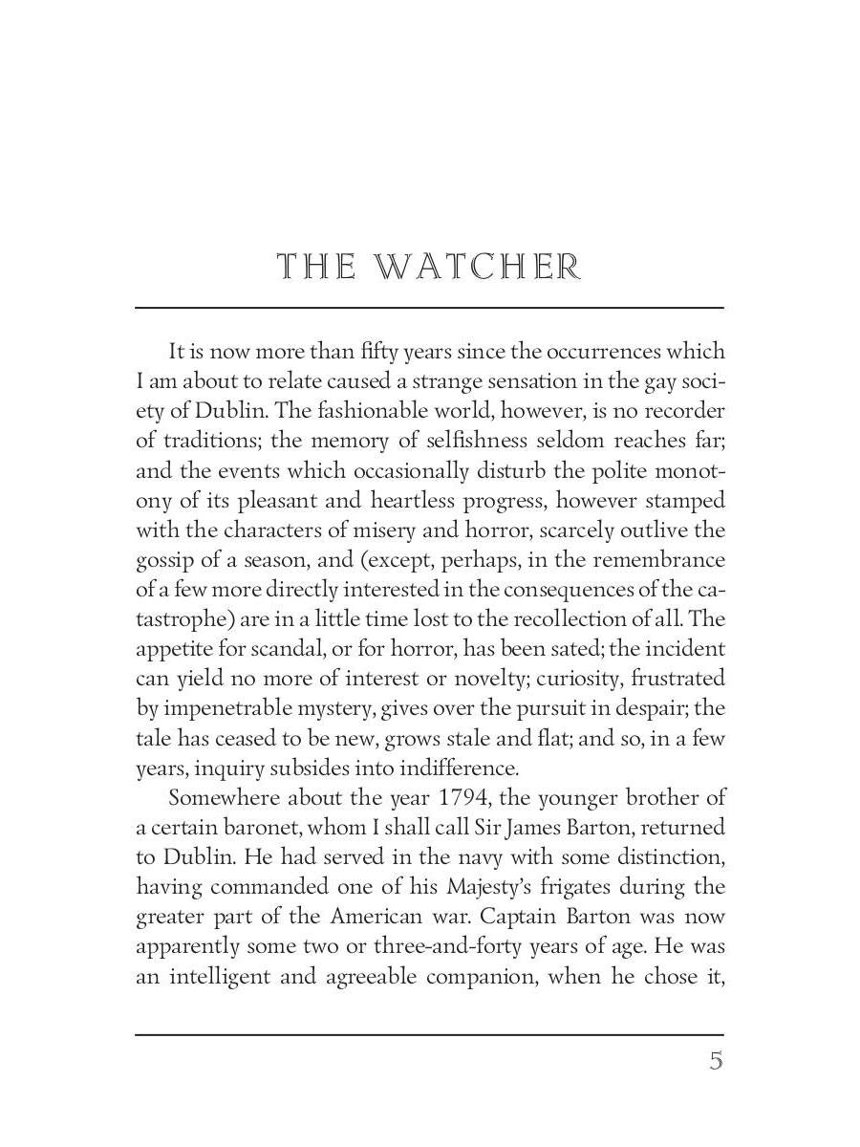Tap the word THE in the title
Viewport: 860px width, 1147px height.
coord(316,267)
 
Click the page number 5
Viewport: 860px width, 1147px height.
coord(716,1061)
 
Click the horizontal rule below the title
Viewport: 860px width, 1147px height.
coord(429,308)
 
